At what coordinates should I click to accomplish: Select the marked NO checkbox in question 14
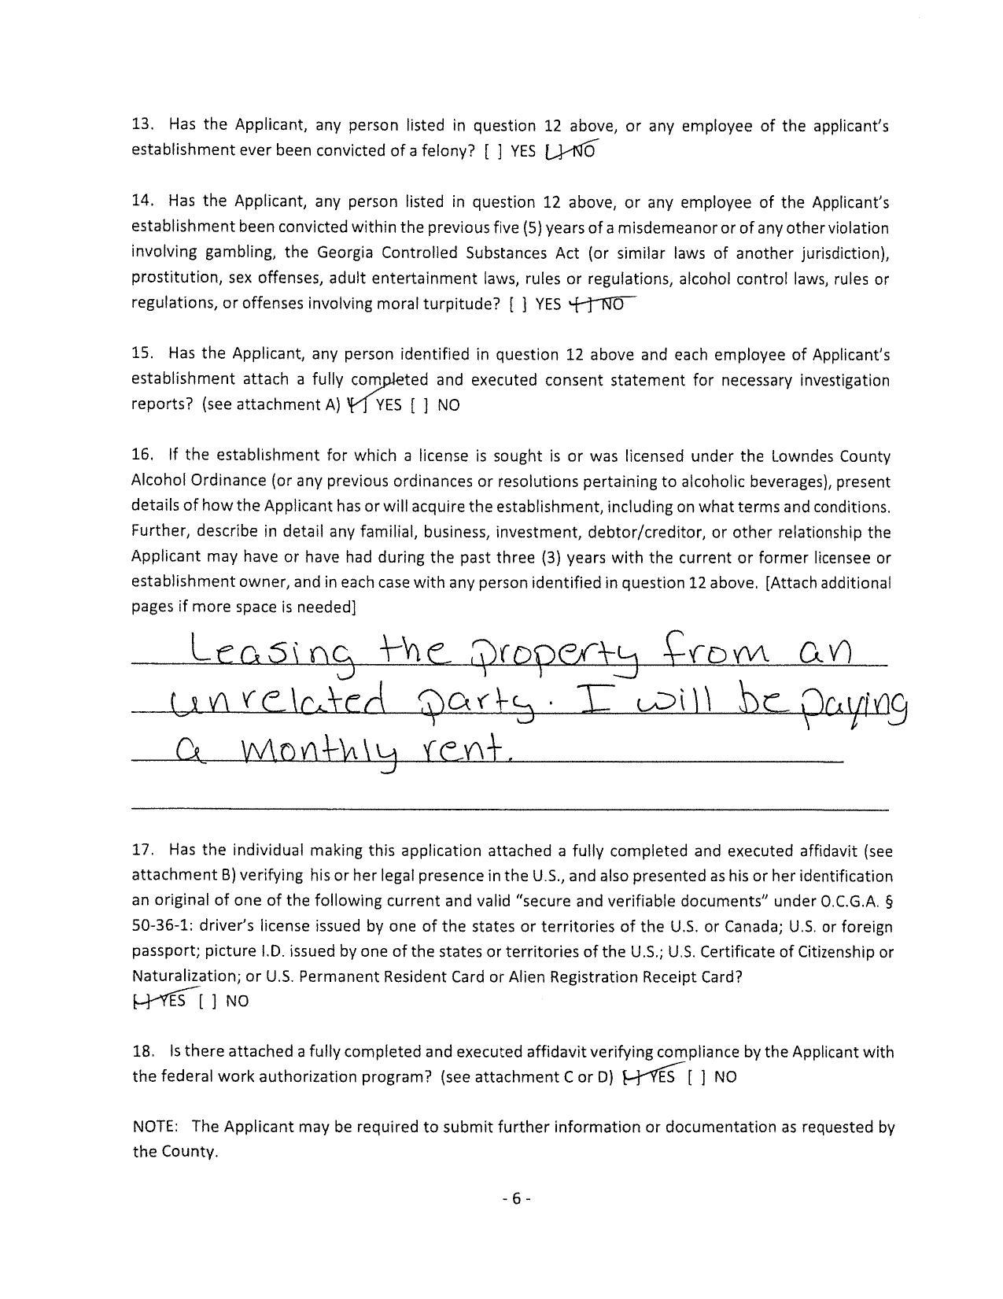click(581, 304)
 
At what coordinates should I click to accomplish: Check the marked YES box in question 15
click(358, 405)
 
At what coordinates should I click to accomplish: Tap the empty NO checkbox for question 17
click(209, 1002)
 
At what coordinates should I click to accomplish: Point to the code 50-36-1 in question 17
click(160, 927)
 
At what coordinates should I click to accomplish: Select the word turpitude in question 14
click(461, 304)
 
